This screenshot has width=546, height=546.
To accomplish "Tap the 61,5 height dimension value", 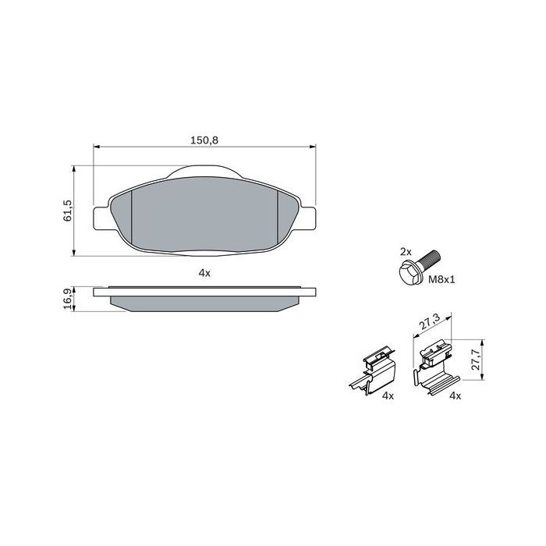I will coord(67,210).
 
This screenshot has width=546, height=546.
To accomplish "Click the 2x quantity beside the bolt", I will coord(405,252).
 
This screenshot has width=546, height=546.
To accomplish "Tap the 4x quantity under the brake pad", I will coord(204,273).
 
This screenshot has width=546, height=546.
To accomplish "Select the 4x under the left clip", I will coord(387,396).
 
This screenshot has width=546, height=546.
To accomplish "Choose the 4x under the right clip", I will coord(456,396).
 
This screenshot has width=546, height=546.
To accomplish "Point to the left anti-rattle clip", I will coord(372,372).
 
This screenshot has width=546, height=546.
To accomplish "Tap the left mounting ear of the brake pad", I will coord(100,218).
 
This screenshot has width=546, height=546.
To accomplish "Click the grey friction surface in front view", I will coord(204,214).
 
